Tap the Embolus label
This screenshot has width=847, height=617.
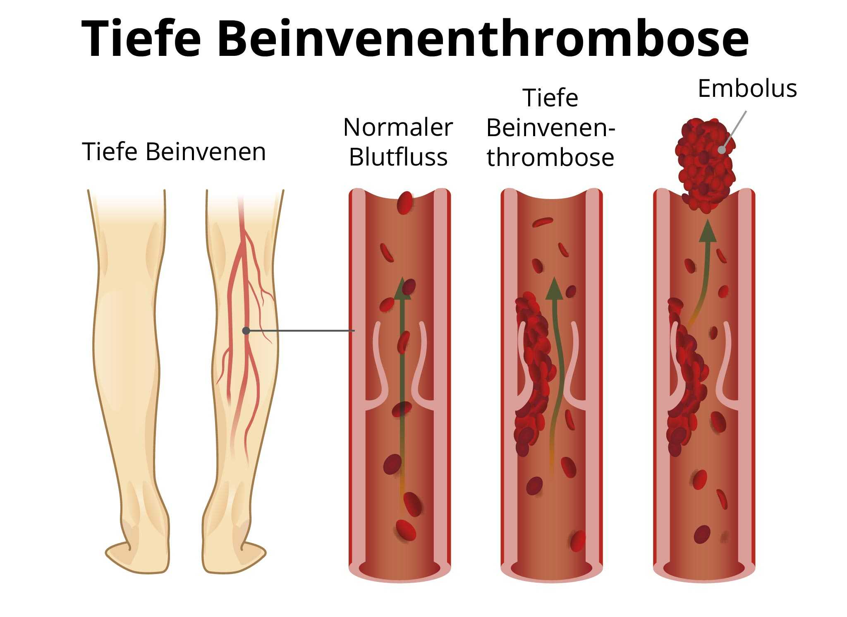click(747, 89)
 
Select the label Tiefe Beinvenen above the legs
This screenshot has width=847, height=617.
click(174, 151)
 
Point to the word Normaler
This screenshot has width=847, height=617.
click(398, 127)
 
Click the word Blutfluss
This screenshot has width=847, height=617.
click(398, 157)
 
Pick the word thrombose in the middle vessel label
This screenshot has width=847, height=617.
click(550, 158)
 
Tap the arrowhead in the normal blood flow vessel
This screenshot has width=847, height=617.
click(402, 288)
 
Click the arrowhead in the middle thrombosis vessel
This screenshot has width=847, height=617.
click(554, 288)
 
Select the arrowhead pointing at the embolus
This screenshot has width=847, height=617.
click(708, 230)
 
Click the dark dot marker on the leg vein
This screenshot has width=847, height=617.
click(246, 331)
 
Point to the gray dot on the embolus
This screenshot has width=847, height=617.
click(722, 150)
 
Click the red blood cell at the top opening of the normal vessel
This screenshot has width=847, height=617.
click(405, 203)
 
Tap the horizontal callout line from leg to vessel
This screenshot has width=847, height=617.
click(300, 331)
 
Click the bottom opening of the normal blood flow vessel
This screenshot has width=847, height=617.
click(400, 571)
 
